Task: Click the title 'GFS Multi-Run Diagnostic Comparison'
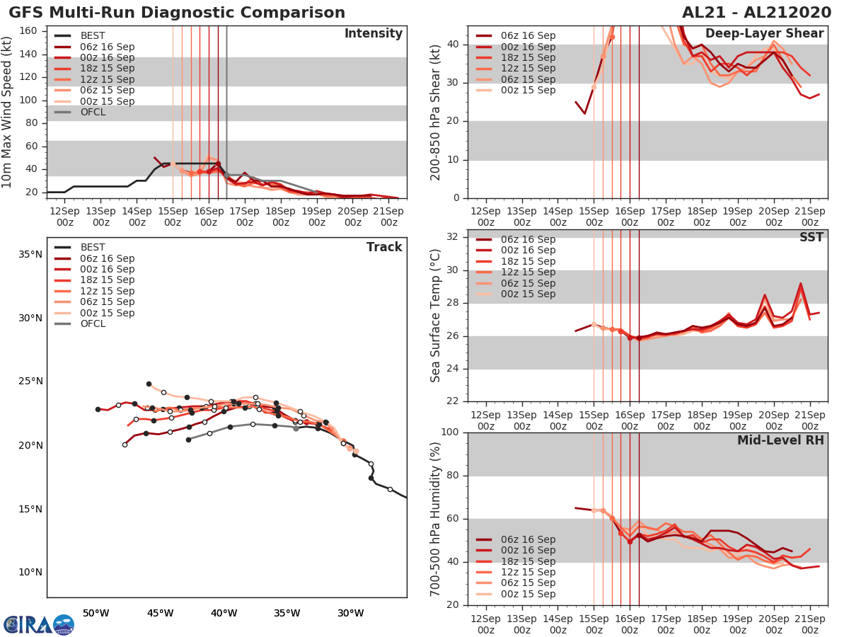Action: coord(177,13)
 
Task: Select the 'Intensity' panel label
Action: coord(373,34)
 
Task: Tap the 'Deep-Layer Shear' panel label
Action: coord(764,34)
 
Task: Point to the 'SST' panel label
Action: coord(811,237)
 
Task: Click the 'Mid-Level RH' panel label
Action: coord(780,440)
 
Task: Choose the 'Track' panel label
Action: coord(384,247)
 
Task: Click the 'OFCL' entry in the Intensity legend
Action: coord(93,112)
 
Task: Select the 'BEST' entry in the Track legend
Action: coord(93,248)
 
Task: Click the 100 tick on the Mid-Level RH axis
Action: coord(451,432)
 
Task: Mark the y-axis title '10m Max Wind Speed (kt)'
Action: coord(8,113)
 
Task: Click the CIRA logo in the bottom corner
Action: coord(38,624)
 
